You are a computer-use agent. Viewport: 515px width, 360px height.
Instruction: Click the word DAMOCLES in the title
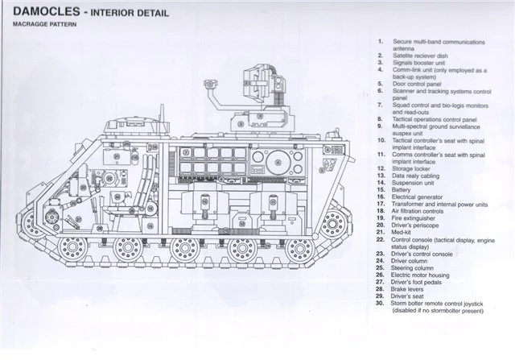point(39,13)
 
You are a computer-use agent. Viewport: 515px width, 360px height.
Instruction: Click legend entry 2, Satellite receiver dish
point(426,55)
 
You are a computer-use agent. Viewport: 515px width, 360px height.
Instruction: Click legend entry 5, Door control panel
point(421,83)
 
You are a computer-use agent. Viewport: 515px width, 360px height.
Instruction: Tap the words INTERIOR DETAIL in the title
point(134,13)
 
